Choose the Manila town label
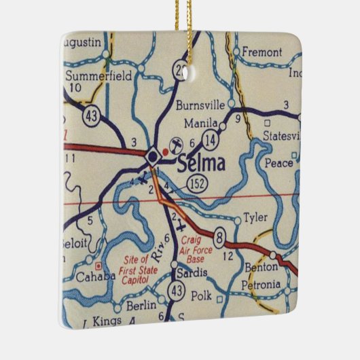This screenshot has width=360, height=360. pyautogui.click(x=202, y=124)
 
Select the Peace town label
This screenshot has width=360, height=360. pyautogui.click(x=280, y=163)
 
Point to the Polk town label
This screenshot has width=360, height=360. pyautogui.click(x=202, y=297)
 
